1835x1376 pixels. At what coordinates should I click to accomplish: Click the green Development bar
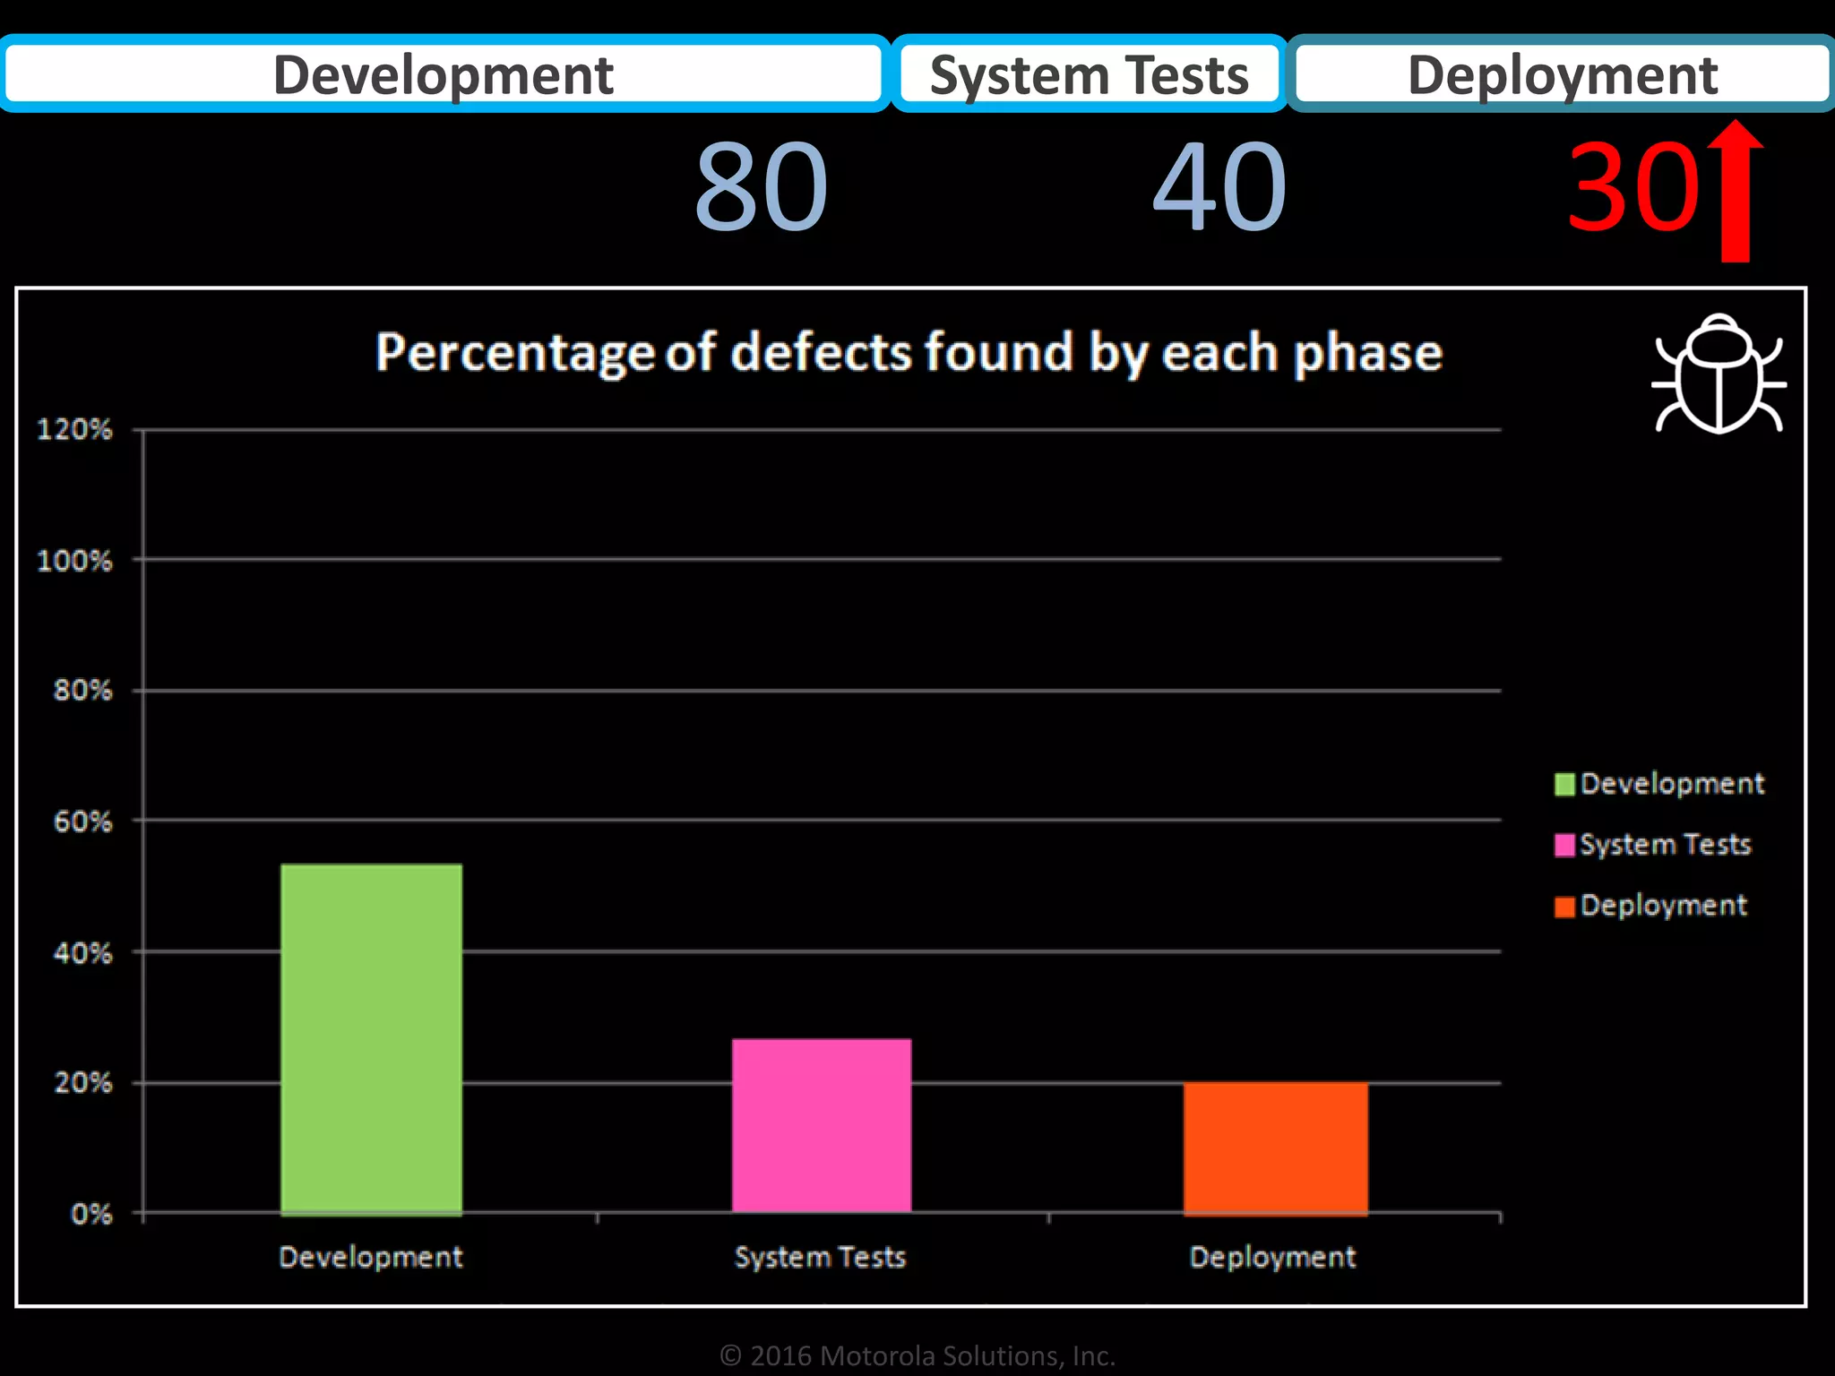tap(371, 1039)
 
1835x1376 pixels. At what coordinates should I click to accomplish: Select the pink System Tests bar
tap(822, 1126)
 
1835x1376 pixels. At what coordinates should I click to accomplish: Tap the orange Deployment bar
tap(1275, 1148)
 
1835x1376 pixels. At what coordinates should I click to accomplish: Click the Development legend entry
tap(1659, 784)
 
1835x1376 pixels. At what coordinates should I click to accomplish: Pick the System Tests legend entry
tap(1653, 845)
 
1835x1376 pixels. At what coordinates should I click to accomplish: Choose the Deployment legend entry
tap(1651, 906)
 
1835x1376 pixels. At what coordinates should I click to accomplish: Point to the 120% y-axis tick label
tap(74, 430)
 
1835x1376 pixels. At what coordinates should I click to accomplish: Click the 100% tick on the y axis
tap(74, 562)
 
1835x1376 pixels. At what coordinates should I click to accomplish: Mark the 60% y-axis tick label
tap(82, 822)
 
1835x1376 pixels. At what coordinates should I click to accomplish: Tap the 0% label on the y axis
tap(91, 1215)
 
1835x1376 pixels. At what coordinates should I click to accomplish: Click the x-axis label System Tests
tap(820, 1257)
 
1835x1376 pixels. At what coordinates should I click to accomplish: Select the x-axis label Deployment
tap(1272, 1257)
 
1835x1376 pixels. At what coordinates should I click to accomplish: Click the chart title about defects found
tap(909, 352)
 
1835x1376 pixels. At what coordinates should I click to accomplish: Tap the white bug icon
tap(1719, 374)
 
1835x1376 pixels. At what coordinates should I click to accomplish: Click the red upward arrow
tap(1736, 193)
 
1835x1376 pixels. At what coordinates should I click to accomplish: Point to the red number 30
tap(1633, 188)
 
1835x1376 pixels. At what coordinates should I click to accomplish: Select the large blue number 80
tap(762, 188)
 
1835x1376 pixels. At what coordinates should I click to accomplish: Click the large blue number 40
tap(1219, 188)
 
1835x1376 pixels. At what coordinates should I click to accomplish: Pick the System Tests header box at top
tap(1089, 74)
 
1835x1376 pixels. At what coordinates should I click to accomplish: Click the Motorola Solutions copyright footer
tap(917, 1355)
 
